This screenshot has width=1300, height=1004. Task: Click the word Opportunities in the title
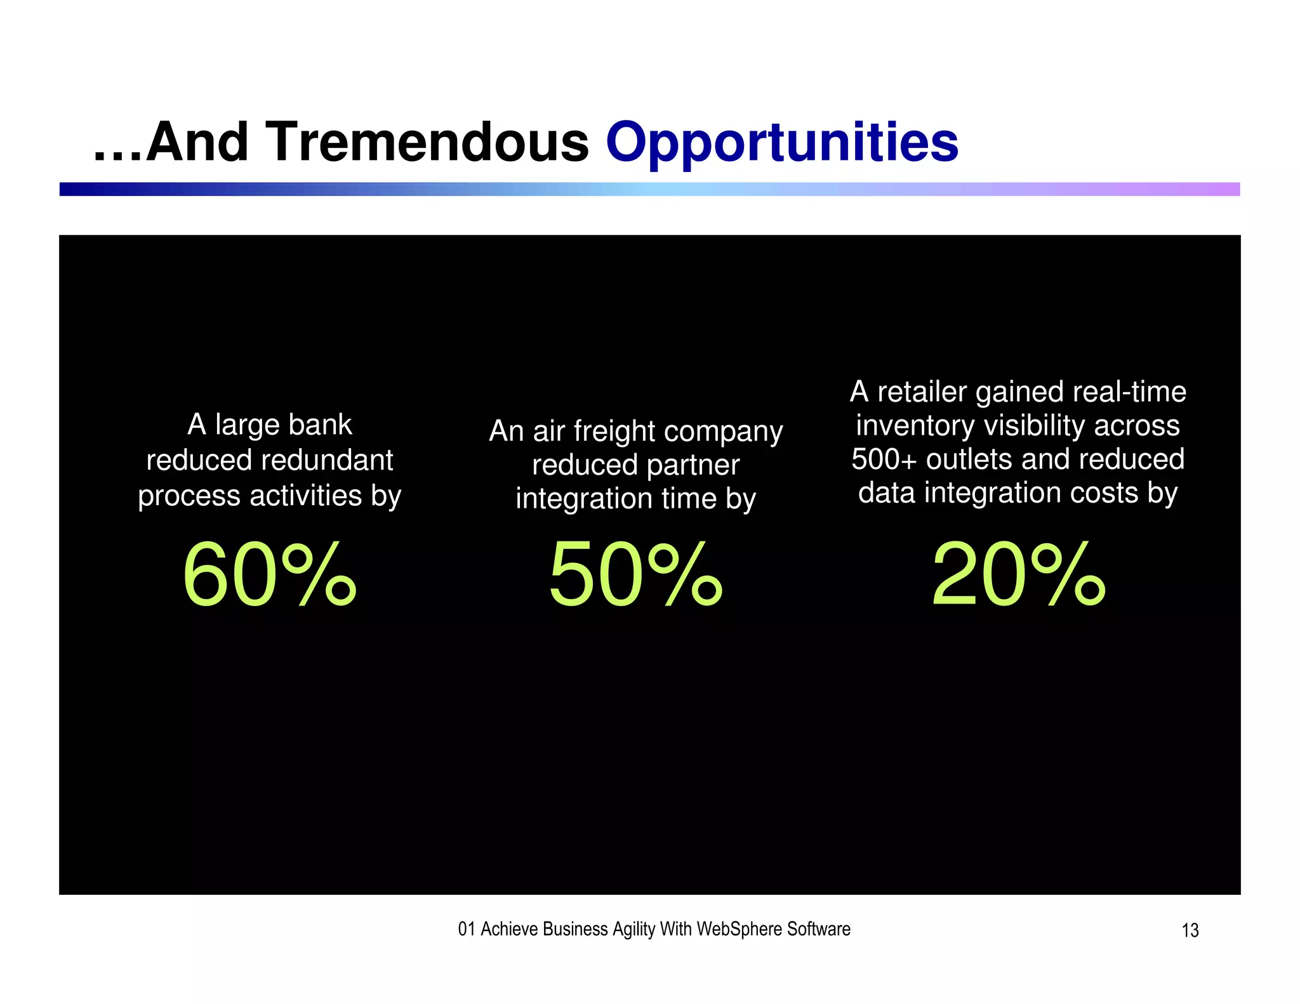(x=781, y=143)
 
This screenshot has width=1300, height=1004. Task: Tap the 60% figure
(x=270, y=575)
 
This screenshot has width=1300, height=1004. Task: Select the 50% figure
(x=635, y=575)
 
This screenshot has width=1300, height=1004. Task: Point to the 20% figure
(x=1018, y=575)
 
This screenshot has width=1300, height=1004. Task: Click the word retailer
(x=923, y=392)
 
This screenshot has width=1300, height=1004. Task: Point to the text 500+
(x=884, y=459)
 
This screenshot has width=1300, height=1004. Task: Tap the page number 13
(x=1190, y=930)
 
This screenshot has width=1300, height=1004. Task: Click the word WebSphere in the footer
(x=740, y=929)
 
